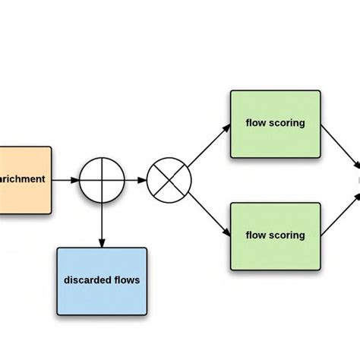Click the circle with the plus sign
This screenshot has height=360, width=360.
coord(102,181)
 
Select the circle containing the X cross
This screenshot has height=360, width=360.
coord(169,181)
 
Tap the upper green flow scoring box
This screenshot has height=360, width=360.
coord(275,123)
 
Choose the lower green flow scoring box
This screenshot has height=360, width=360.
coord(275,235)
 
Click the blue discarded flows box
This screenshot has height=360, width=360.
coord(102,280)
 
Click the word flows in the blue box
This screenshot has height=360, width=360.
coord(126,280)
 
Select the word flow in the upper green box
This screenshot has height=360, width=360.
coord(256,123)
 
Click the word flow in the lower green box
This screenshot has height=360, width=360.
coord(256,235)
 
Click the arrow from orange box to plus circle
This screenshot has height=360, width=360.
coord(65,181)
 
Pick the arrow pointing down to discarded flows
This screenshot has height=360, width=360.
coord(102,225)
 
